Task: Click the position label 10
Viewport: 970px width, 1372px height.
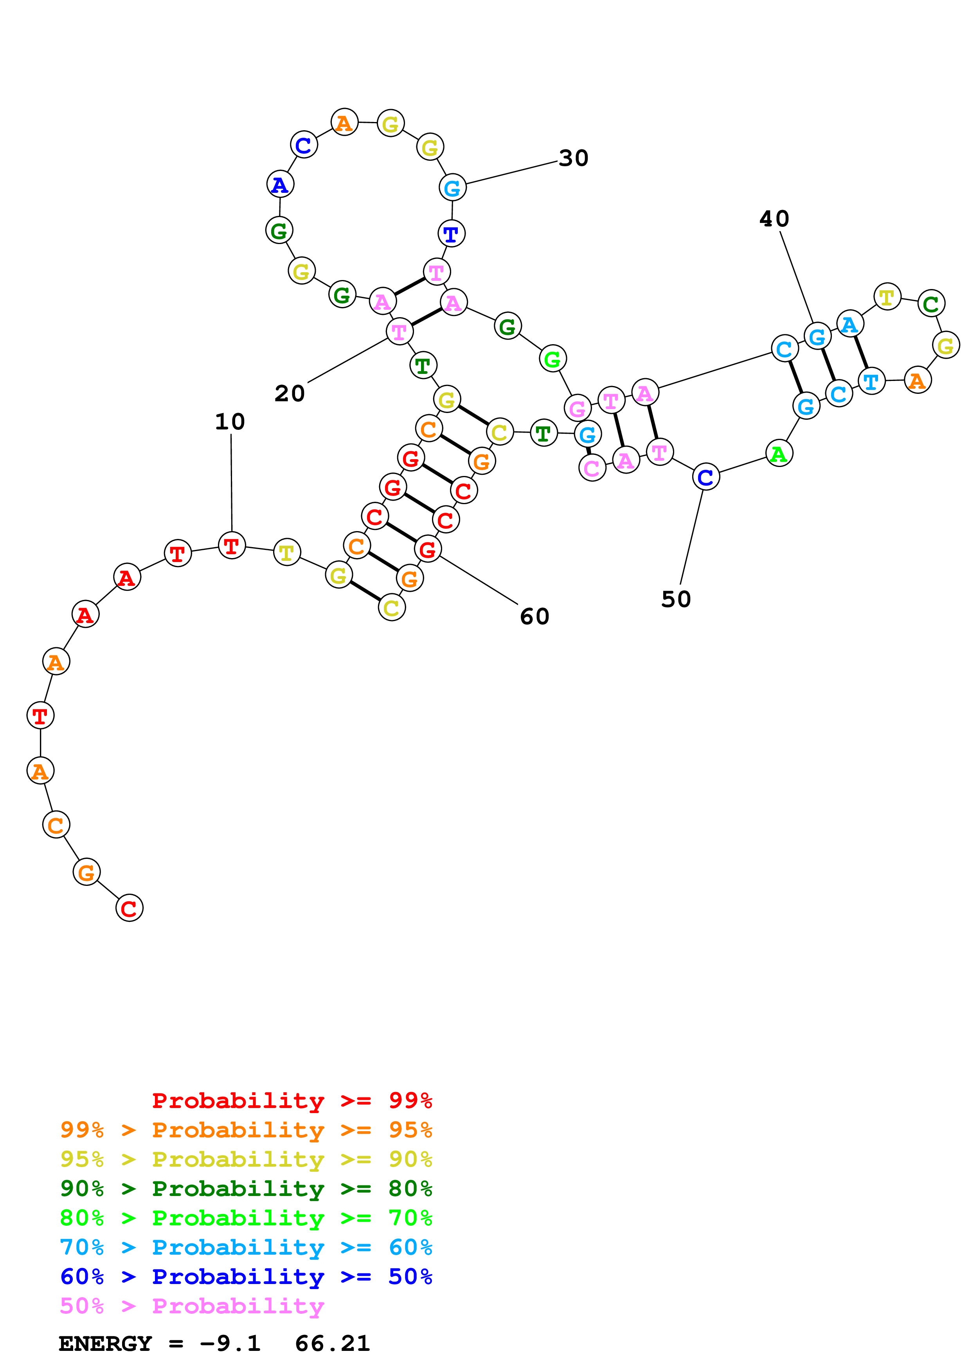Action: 230,422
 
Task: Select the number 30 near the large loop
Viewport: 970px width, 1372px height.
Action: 573,158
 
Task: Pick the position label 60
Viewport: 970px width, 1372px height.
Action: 534,617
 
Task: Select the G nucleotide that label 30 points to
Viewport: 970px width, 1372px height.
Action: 452,188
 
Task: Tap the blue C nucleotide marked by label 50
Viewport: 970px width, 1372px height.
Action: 706,477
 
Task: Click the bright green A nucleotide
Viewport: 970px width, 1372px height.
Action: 779,454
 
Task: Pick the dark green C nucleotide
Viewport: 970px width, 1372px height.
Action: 930,303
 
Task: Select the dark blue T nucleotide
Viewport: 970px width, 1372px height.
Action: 451,233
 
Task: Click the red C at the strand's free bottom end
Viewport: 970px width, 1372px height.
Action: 129,908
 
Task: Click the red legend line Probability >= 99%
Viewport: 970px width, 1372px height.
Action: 292,1101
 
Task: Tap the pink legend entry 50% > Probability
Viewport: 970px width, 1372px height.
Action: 192,1306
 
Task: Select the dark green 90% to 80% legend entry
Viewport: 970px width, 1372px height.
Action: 246,1189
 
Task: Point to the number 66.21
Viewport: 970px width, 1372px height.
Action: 332,1344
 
